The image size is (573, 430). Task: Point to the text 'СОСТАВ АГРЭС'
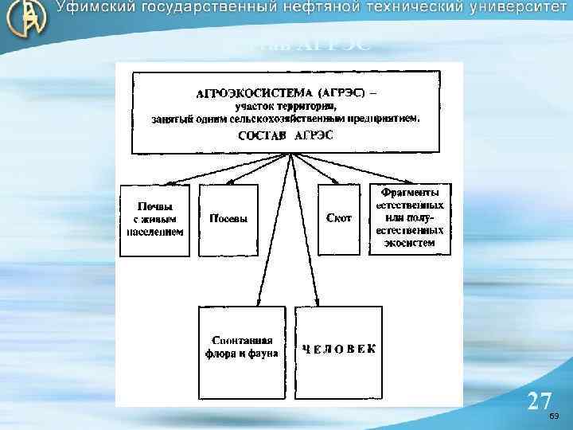pyautogui.click(x=287, y=135)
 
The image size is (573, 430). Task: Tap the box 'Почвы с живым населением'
pyautogui.click(x=155, y=219)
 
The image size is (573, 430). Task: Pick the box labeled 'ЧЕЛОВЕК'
pyautogui.click(x=338, y=349)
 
